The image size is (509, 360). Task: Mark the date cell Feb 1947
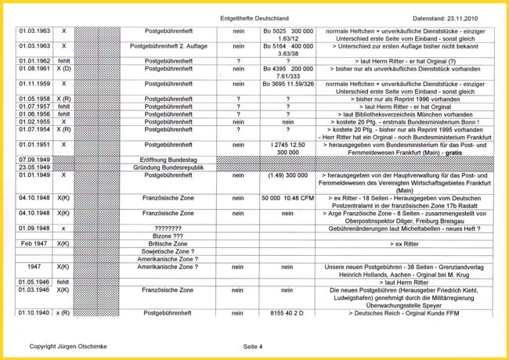click(34, 244)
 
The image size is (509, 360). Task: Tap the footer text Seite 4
click(253, 345)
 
